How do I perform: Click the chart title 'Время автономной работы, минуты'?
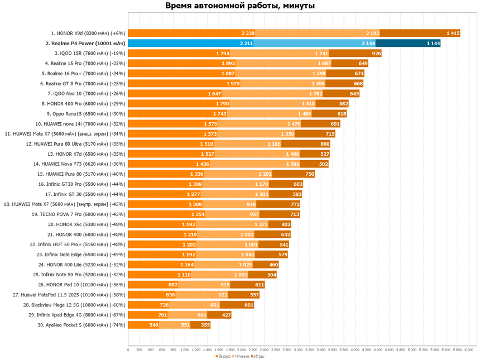coord(240,6)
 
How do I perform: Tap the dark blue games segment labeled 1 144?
coord(408,43)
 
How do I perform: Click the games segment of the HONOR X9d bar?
coord(420,33)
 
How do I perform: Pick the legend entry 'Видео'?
coord(223,356)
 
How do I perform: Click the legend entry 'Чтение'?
coord(241,356)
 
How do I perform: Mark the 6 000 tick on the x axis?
coord(468,350)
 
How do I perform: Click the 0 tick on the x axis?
coord(128,350)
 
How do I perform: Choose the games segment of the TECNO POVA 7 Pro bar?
coord(279,214)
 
